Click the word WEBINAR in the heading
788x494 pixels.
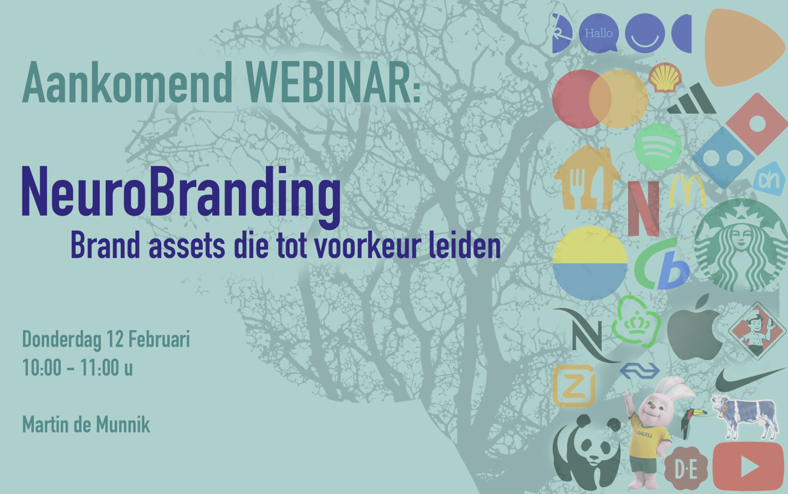[333, 83]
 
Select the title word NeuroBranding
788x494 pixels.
[181, 193]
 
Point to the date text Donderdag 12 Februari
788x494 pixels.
[106, 339]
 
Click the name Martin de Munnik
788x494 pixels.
[86, 425]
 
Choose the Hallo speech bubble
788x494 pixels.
[599, 33]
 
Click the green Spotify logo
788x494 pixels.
[658, 146]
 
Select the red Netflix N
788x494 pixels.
[643, 208]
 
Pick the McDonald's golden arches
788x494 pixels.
[687, 191]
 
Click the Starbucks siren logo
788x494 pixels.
[740, 245]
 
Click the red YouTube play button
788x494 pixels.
[748, 466]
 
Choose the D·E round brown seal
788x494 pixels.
[686, 469]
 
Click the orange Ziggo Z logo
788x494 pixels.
[573, 386]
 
